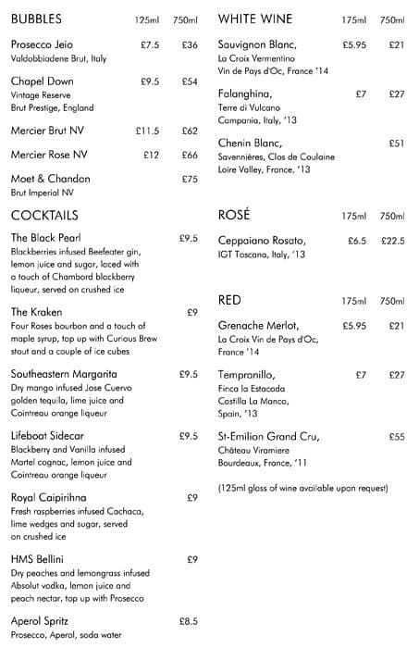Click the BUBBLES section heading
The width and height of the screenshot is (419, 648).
[x=37, y=19]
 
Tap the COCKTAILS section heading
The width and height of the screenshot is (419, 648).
[x=43, y=215]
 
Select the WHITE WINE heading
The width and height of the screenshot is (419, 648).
[x=256, y=19]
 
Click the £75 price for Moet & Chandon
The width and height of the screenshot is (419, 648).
[x=190, y=179]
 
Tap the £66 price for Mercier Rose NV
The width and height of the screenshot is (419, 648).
[x=190, y=155]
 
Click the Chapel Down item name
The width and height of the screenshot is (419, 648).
[x=42, y=81]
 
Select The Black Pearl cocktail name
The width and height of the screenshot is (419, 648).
[x=46, y=239]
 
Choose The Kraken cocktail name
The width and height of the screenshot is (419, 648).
[x=36, y=312]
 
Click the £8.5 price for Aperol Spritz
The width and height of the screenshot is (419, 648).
[x=188, y=621]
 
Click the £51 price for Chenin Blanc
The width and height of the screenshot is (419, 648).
[x=397, y=143]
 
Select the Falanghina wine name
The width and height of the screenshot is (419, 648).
[x=245, y=93]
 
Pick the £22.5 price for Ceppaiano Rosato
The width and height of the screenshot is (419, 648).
[x=393, y=241]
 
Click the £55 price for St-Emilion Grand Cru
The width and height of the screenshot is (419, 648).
[x=397, y=436]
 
